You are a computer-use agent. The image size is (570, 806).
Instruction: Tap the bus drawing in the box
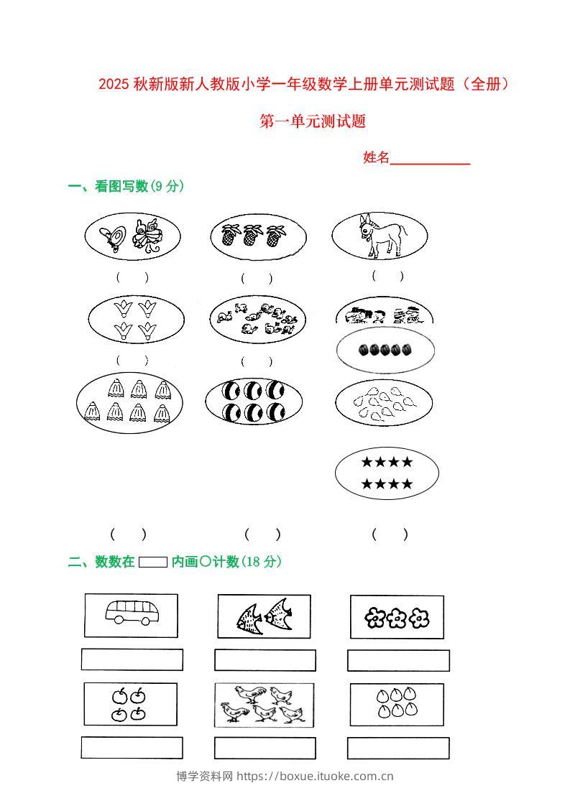tap(132, 613)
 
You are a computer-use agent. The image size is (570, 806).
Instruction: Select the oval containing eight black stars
tap(387, 473)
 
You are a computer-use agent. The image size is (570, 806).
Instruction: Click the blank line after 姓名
tap(430, 159)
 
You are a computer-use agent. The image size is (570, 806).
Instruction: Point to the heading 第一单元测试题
tap(313, 121)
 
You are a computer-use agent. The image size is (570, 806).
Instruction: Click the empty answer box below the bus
tap(132, 659)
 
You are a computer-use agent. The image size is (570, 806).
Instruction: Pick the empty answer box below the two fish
tap(265, 660)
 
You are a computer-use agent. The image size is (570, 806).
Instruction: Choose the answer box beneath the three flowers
tap(398, 660)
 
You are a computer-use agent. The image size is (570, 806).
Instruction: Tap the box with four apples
tap(130, 704)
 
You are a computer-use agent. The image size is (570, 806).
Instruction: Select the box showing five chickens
tap(264, 705)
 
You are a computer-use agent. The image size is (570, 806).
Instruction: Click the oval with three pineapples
tap(258, 236)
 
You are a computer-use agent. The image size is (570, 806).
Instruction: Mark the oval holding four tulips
tap(136, 320)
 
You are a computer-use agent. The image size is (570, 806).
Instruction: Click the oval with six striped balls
tap(254, 401)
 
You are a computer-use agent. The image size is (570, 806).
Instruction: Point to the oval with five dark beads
tap(385, 350)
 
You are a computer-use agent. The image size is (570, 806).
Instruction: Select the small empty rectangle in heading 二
tap(152, 562)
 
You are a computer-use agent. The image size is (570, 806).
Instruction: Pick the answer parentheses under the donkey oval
tap(387, 276)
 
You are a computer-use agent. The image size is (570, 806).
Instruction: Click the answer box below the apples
tap(132, 748)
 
